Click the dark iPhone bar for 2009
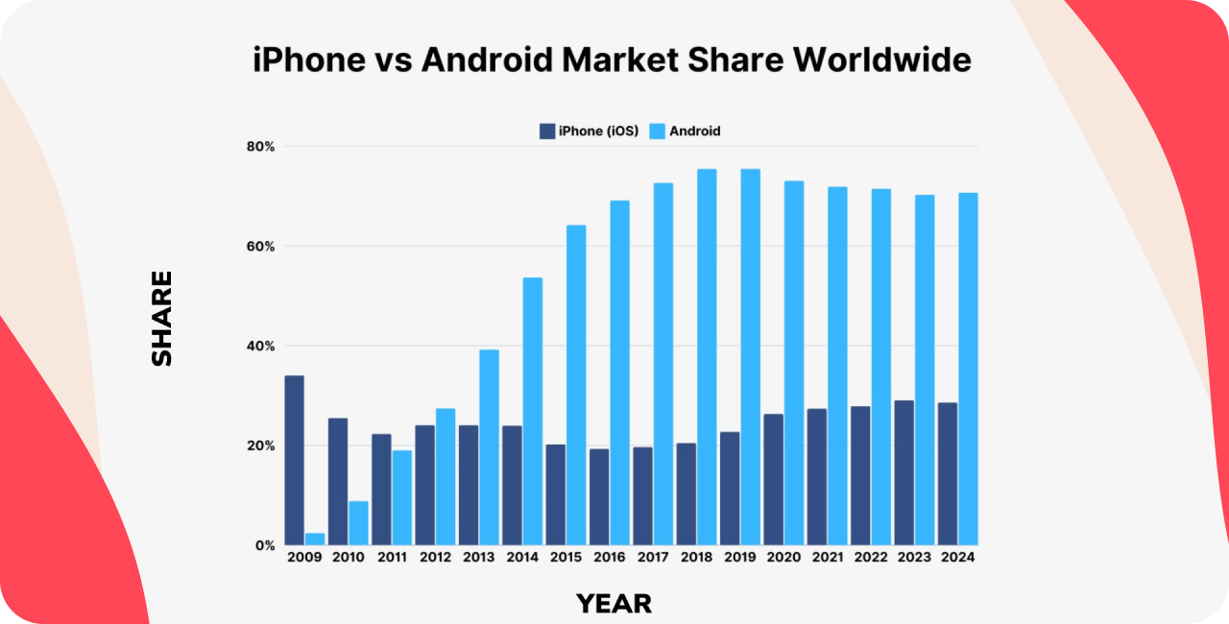[x=295, y=460]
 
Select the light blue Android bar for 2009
[x=315, y=539]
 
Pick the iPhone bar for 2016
[x=599, y=496]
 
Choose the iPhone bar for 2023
[x=904, y=472]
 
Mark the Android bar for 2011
[x=401, y=497]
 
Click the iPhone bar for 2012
[x=424, y=485]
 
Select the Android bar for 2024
[x=968, y=369]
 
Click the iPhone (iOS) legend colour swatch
[x=547, y=131]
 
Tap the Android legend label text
[x=695, y=131]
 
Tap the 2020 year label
[x=783, y=558]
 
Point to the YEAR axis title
[x=614, y=604]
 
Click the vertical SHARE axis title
[x=162, y=318]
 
